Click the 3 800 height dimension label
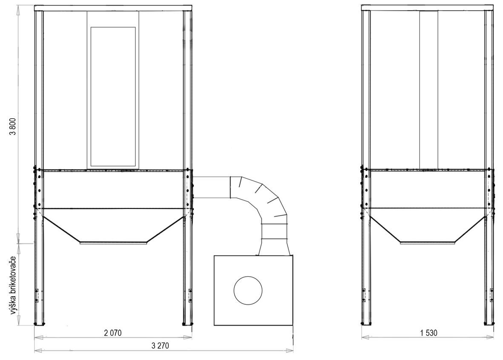tap(13, 127)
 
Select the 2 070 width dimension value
tap(113, 333)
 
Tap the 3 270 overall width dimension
tap(160, 346)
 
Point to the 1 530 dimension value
tap(428, 333)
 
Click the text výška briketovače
tap(13, 285)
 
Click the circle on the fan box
tap(248, 290)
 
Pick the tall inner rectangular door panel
tap(113, 97)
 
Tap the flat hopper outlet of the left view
tap(114, 243)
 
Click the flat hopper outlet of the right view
tap(428, 243)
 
